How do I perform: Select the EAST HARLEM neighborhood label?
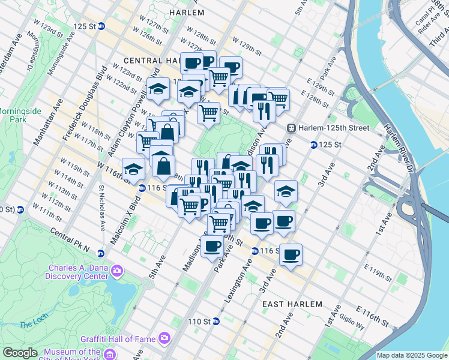293,304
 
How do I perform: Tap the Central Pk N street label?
70,240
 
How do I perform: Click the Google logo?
20,353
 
